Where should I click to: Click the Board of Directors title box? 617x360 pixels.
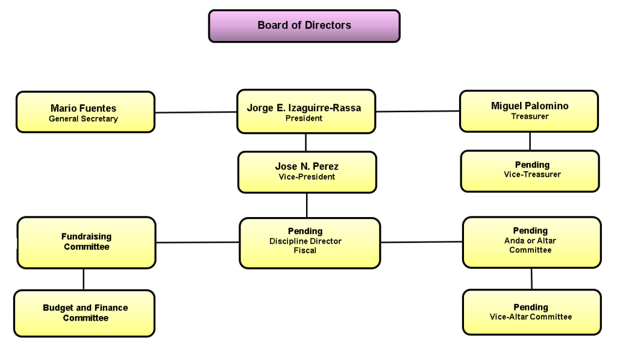[304, 26]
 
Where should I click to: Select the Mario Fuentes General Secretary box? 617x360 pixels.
[85, 112]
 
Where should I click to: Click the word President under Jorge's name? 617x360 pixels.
[304, 119]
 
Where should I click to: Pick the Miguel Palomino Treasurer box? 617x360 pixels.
[528, 111]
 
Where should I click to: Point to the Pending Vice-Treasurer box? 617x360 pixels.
[530, 171]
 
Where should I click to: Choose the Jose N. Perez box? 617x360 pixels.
[307, 172]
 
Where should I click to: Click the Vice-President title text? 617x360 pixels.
[307, 177]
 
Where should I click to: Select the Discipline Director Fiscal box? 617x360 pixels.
[309, 242]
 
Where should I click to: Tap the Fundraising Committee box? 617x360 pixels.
[86, 242]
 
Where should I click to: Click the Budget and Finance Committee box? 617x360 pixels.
[84, 313]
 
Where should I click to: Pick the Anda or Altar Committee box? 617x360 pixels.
[531, 242]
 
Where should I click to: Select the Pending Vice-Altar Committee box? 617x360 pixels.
[531, 312]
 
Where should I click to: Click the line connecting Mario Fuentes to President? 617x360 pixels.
[196, 112]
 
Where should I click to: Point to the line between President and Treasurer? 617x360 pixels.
[418, 112]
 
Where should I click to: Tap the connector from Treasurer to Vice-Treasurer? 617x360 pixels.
[530, 141]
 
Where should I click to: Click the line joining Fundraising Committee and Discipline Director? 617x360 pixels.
[198, 242]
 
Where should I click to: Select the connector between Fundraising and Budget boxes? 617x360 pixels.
[83, 279]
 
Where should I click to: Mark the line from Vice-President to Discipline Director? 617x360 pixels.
[307, 205]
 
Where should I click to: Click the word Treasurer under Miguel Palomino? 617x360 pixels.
[530, 116]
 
